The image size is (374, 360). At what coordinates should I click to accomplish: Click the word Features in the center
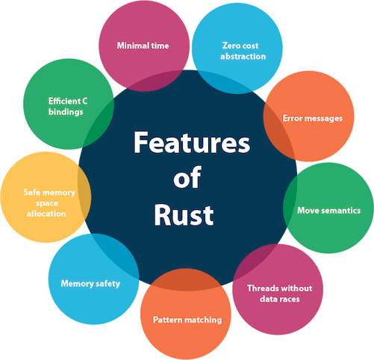192,143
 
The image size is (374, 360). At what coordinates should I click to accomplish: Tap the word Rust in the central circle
184,215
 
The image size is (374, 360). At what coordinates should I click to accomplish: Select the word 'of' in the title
187,177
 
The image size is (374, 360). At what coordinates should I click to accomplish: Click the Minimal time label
143,46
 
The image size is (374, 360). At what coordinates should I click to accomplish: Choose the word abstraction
243,57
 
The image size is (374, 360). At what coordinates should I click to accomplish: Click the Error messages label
313,118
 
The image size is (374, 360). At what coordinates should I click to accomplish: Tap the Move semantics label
328,211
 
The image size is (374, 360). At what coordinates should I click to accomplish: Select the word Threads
262,288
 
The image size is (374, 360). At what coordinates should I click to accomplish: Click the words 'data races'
280,299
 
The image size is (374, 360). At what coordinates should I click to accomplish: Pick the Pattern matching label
187,320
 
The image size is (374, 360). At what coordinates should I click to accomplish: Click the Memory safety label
90,284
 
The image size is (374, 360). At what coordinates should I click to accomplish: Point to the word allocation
46,214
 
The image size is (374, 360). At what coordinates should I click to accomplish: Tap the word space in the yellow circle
47,204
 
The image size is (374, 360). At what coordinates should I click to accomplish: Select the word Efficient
64,101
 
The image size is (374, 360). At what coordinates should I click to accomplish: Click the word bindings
66,112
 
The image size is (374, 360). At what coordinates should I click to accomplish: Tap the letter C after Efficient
85,101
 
